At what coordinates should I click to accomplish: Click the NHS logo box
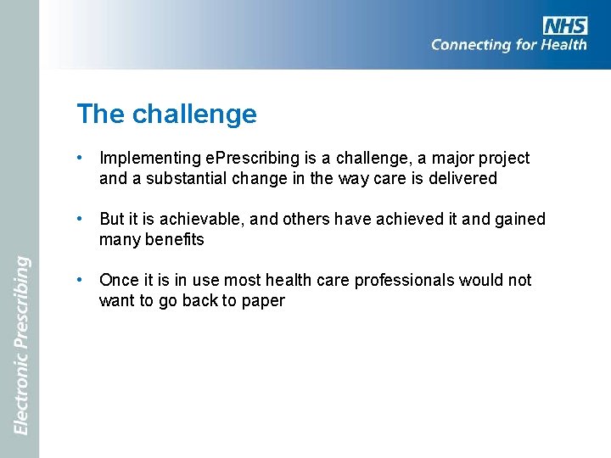tap(565, 26)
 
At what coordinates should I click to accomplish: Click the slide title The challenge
tap(166, 114)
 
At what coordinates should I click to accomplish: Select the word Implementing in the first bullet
tap(149, 159)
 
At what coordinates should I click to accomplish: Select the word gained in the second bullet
tap(519, 220)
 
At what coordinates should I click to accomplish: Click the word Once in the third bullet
tap(118, 281)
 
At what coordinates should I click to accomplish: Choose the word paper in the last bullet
tap(263, 301)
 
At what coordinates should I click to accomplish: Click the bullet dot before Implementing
tap(79, 158)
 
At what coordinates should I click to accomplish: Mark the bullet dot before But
tap(79, 219)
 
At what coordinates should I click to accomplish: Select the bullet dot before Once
tap(79, 280)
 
